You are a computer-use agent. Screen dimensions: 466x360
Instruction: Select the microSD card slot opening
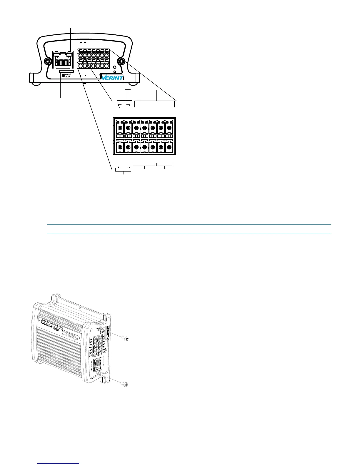[x=66, y=71]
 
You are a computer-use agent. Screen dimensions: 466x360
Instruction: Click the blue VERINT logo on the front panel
[x=112, y=77]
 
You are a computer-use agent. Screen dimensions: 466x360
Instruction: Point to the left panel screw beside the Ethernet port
[x=47, y=61]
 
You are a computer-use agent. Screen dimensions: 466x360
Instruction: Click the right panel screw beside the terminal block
[x=121, y=61]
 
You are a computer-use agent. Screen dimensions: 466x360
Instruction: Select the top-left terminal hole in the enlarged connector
[x=120, y=128]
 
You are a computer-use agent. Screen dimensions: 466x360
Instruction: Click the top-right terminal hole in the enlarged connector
[x=169, y=128]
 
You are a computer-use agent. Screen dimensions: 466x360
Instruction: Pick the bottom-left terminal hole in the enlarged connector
[x=120, y=147]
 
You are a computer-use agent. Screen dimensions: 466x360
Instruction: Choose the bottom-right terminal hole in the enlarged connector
[x=169, y=147]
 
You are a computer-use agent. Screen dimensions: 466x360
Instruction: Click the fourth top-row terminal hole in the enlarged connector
[x=144, y=128]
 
